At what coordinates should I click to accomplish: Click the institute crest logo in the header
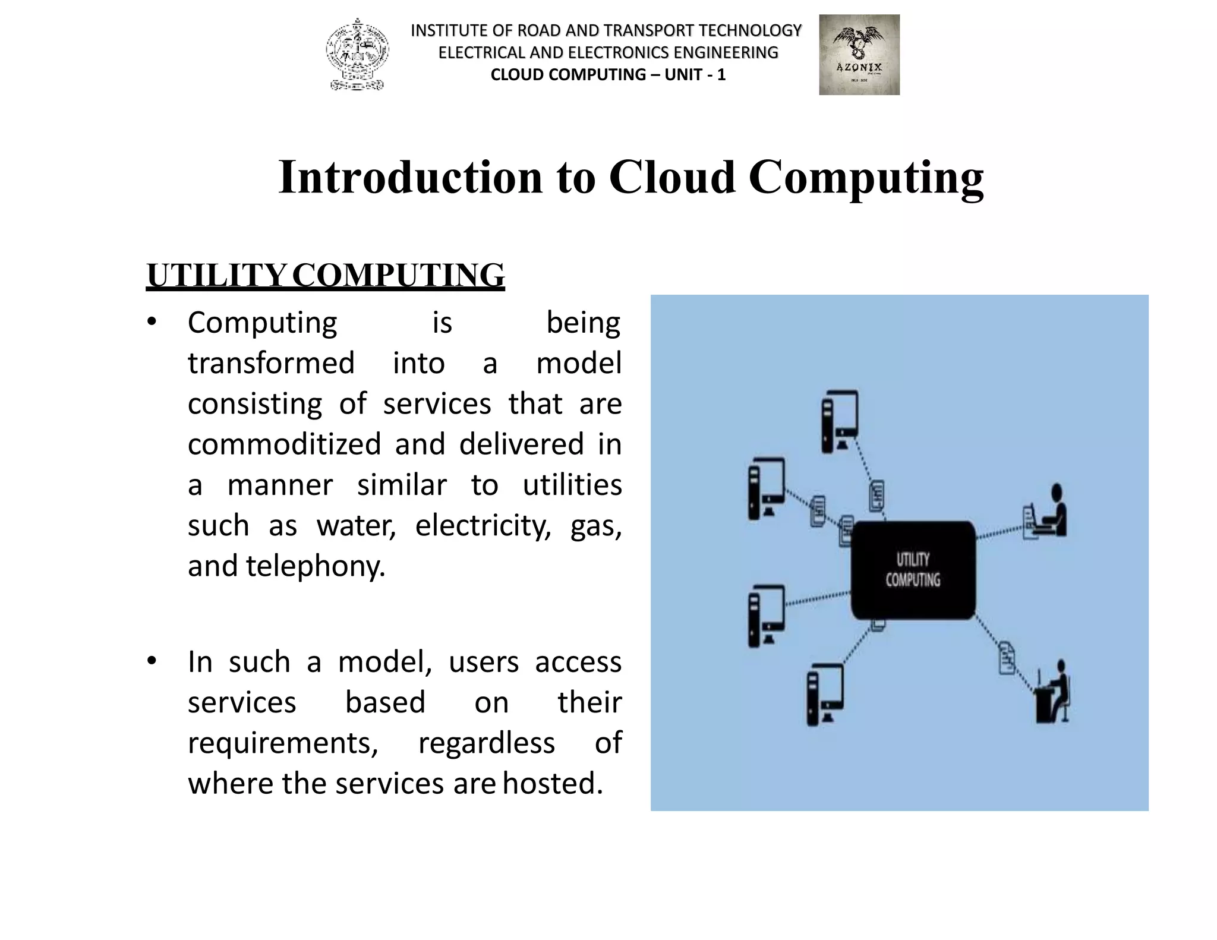coord(357,55)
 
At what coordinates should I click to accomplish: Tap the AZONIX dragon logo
coord(859,55)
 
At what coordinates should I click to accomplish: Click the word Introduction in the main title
coord(410,177)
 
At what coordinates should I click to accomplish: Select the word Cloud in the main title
coord(671,177)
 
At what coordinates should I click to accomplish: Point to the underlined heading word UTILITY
coord(216,276)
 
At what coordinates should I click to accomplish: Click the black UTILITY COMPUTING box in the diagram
coord(913,570)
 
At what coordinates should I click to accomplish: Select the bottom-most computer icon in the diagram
coord(825,693)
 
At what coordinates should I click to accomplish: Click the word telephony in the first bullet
coord(316,566)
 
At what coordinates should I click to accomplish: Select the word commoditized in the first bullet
coord(284,444)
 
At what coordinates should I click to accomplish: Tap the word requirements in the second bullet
coord(283,743)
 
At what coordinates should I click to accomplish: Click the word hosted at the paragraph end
coord(553,784)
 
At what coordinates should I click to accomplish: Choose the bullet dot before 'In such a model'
coord(152,661)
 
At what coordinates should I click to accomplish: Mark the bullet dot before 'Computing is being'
coord(152,321)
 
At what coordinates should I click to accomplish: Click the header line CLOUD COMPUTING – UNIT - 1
coord(608,75)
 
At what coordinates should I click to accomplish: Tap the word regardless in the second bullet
coord(486,743)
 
